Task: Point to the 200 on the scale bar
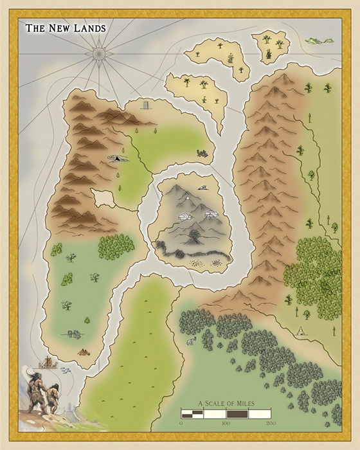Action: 271,424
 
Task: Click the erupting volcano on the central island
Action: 194,235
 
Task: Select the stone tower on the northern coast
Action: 145,107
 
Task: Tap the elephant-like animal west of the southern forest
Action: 191,341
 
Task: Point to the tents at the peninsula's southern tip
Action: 84,352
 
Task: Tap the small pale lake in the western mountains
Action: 102,197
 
